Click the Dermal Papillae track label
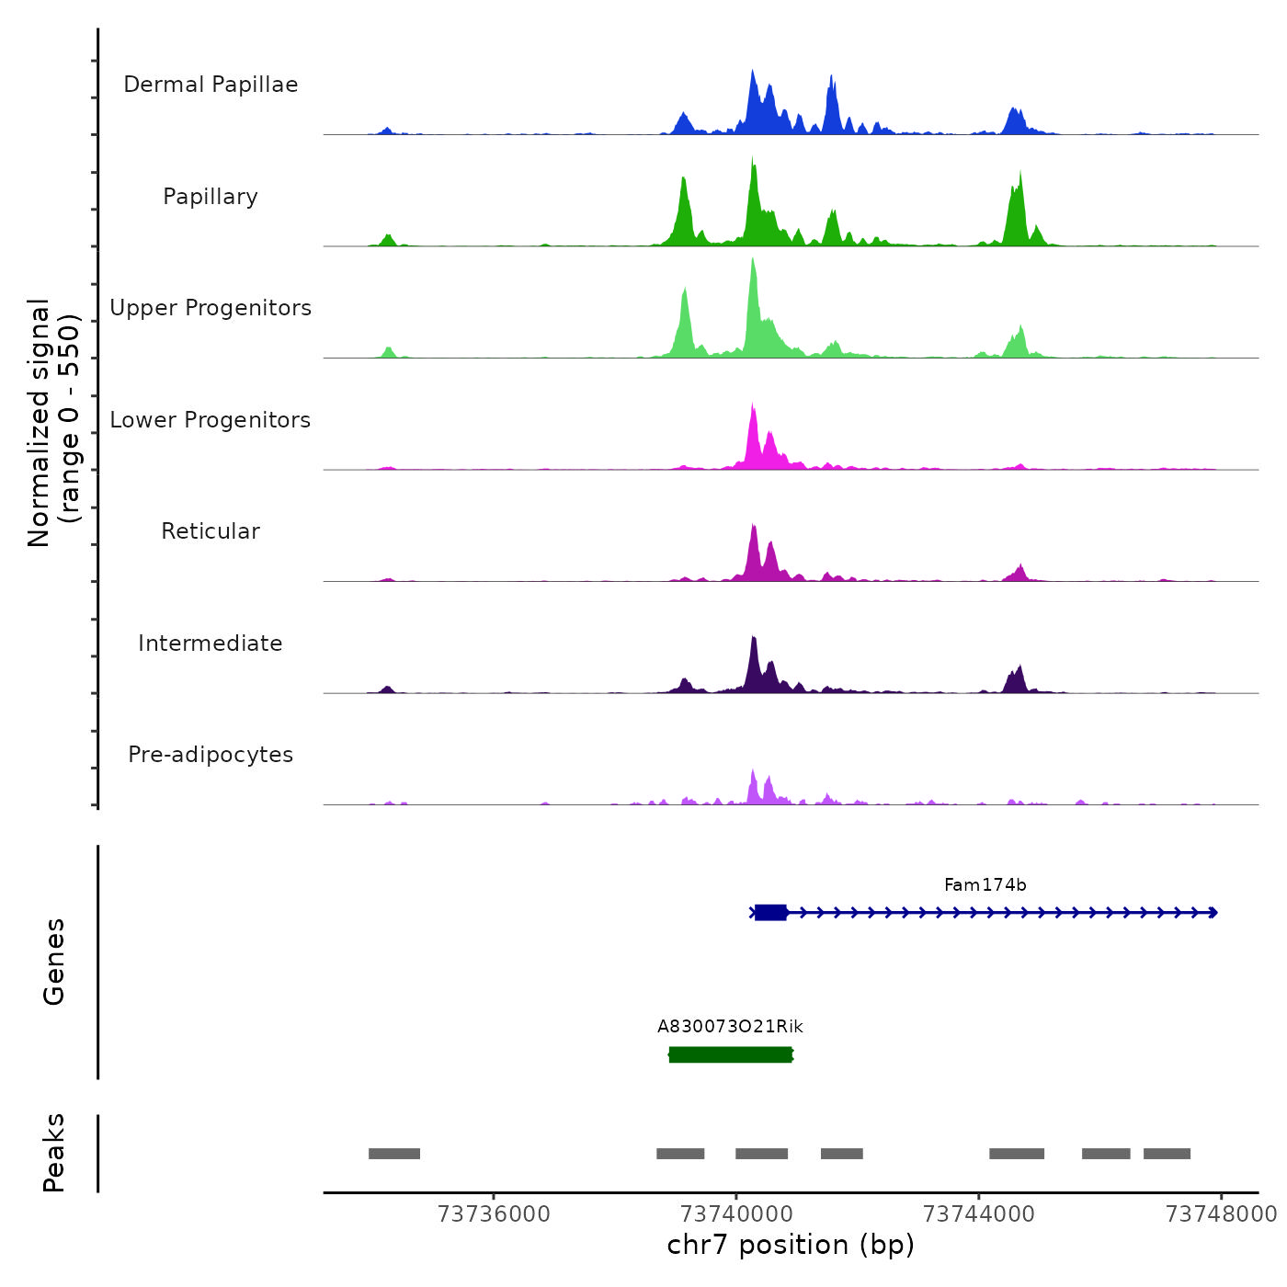211,85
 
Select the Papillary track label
211,197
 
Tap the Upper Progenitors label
211,308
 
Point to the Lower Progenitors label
211,420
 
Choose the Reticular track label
211,531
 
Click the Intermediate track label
211,643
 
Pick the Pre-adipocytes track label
211,755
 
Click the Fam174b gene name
985,885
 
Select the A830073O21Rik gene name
730,1027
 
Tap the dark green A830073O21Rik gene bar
730,1054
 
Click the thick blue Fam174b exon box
770,913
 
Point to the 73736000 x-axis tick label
494,1214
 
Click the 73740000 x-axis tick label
736,1214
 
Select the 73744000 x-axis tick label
978,1214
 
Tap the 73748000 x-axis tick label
1221,1214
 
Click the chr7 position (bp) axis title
791,1245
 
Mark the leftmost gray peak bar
394,1154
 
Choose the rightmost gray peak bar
1167,1154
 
